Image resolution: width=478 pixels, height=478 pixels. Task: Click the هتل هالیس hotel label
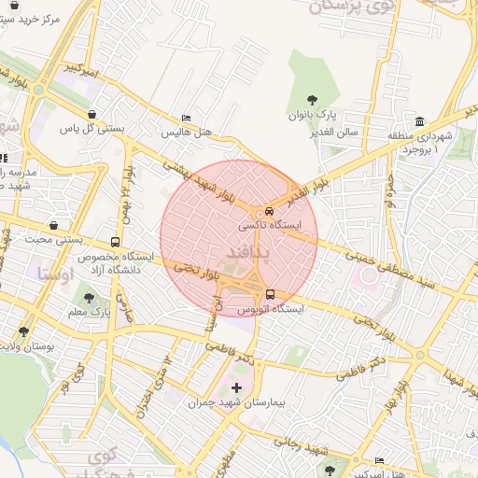coord(187,134)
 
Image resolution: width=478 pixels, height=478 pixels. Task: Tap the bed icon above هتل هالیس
coord(187,119)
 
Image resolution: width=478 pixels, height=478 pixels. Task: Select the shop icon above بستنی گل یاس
coord(91,115)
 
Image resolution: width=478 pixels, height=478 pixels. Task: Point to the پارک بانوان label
coord(317,113)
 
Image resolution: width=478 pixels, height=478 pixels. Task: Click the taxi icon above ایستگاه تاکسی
coord(269,211)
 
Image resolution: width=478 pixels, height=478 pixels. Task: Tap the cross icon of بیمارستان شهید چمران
coord(235,387)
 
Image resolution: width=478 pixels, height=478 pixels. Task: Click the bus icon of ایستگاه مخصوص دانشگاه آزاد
coord(116,240)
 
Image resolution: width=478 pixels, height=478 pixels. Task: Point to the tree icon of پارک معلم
coord(90,299)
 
